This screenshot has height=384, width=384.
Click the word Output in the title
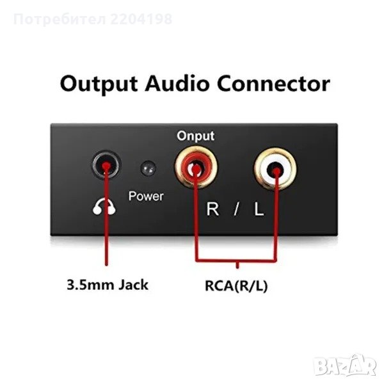tap(99, 84)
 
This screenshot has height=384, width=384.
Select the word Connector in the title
tap(273, 84)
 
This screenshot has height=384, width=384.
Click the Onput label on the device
tap(195, 136)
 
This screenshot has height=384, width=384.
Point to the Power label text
tap(146, 196)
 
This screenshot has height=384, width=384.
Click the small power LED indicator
tap(148, 168)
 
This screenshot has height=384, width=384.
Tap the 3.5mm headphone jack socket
tap(106, 164)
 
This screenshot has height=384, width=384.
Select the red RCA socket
tap(196, 167)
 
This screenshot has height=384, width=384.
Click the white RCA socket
tap(275, 169)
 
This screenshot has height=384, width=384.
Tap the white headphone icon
tap(104, 207)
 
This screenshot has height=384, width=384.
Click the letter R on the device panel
tap(212, 209)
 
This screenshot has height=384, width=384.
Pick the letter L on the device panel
tap(259, 209)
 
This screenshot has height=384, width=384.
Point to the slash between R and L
tap(236, 209)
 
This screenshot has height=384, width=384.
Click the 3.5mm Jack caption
tap(108, 285)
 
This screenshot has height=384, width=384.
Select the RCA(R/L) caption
tap(236, 286)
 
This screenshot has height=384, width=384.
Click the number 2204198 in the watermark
tap(141, 19)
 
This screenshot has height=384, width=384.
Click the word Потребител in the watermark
tap(60, 19)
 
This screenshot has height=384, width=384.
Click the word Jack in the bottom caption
tap(133, 285)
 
